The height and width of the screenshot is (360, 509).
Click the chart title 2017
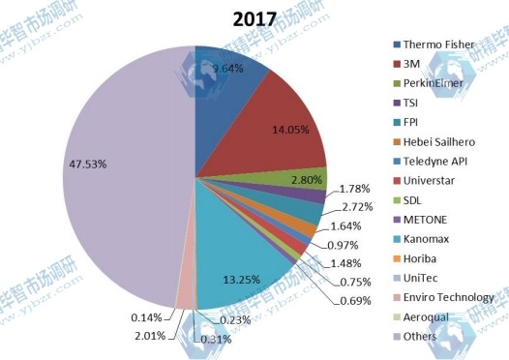tap(254, 17)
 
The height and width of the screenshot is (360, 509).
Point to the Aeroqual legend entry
tap(432, 316)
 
